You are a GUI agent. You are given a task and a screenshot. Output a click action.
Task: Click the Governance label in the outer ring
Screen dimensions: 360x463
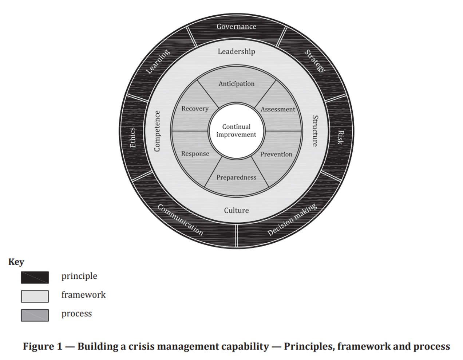tap(236, 27)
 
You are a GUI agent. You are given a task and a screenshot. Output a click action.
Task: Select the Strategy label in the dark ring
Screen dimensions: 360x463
tap(314, 61)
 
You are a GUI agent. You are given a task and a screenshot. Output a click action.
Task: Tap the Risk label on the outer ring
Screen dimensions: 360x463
tap(340, 137)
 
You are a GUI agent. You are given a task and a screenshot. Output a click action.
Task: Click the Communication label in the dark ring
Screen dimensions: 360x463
tap(180, 220)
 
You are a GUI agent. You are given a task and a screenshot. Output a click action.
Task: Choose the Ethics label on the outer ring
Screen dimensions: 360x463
tap(133, 137)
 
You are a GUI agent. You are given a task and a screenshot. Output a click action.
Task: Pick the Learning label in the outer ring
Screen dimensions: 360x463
tap(158, 61)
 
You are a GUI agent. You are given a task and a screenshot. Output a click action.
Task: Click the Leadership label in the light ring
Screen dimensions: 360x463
tap(236, 51)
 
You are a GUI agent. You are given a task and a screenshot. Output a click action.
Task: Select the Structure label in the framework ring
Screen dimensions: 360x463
tap(315, 131)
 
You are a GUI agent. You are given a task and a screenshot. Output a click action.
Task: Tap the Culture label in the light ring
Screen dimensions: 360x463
tap(236, 210)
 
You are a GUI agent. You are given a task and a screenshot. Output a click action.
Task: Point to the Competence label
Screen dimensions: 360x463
tap(157, 131)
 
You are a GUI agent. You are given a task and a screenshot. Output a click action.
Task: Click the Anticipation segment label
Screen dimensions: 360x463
tap(236, 84)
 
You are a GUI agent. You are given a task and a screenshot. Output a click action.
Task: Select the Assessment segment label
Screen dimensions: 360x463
tap(278, 109)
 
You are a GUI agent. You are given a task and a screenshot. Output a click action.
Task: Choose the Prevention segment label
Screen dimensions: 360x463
tap(276, 154)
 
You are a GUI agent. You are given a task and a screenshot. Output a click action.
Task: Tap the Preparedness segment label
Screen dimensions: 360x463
tap(236, 177)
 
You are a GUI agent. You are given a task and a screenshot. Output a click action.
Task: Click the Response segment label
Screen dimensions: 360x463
tap(195, 154)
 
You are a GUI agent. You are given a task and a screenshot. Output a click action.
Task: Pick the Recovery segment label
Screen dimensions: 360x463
tap(195, 109)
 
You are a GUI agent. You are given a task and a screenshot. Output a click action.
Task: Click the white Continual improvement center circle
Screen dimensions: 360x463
tap(236, 130)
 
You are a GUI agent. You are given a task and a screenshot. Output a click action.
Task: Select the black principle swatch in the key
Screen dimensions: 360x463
tap(35, 277)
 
